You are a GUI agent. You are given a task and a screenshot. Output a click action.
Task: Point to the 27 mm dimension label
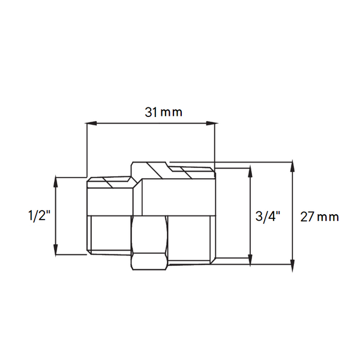pyautogui.click(x=320, y=217)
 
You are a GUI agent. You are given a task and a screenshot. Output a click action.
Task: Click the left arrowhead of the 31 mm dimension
pyautogui.click(x=91, y=124)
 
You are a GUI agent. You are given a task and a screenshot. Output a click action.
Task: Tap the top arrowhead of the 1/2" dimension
pyautogui.click(x=56, y=180)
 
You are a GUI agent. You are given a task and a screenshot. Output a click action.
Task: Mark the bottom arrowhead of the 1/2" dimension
pyautogui.click(x=56, y=251)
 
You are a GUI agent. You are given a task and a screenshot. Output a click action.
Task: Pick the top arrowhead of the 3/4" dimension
pyautogui.click(x=248, y=172)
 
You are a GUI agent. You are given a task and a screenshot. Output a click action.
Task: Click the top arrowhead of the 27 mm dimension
pyautogui.click(x=292, y=166)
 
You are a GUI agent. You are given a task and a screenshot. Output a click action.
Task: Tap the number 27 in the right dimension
pyautogui.click(x=308, y=217)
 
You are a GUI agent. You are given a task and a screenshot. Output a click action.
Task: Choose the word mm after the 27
pyautogui.click(x=329, y=217)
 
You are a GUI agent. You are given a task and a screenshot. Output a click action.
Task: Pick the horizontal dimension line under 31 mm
pyautogui.click(x=150, y=124)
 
